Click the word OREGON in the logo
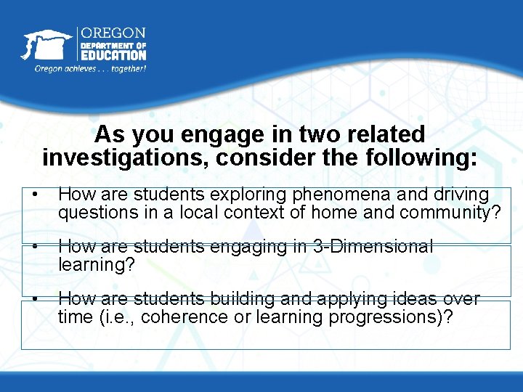pos(113,33)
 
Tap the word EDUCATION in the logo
pos(113,54)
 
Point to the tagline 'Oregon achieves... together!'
pos(91,69)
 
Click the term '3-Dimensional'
pos(372,247)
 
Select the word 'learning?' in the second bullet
pos(97,265)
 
